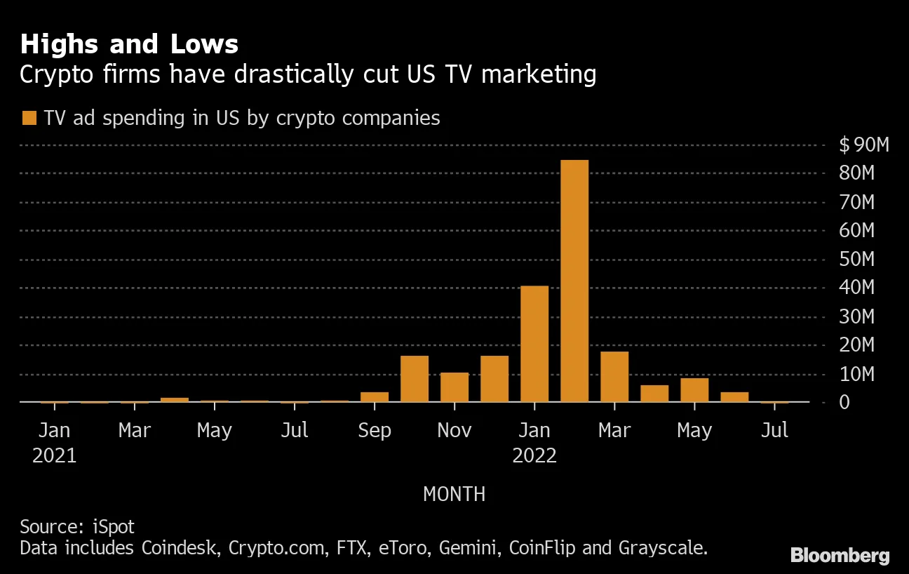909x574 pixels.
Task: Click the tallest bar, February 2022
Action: click(x=574, y=281)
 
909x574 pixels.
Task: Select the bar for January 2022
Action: click(x=534, y=344)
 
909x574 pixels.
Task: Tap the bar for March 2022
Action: click(x=614, y=377)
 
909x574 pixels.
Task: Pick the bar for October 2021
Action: click(x=415, y=379)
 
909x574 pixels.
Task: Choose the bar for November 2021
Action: click(x=454, y=387)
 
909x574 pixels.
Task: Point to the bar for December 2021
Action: click(x=494, y=379)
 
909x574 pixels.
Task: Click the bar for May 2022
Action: click(x=694, y=390)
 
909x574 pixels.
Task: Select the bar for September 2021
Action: click(x=375, y=397)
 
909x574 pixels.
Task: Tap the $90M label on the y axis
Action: click(x=864, y=145)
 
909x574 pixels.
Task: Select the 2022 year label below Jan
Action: click(x=534, y=456)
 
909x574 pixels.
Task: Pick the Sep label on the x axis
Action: click(x=375, y=430)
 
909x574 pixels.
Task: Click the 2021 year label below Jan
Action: click(x=55, y=456)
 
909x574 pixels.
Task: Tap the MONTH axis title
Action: click(x=454, y=494)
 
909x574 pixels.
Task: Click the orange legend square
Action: click(x=29, y=118)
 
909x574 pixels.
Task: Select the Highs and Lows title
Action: click(x=129, y=45)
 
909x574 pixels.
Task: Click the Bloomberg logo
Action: click(x=840, y=556)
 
